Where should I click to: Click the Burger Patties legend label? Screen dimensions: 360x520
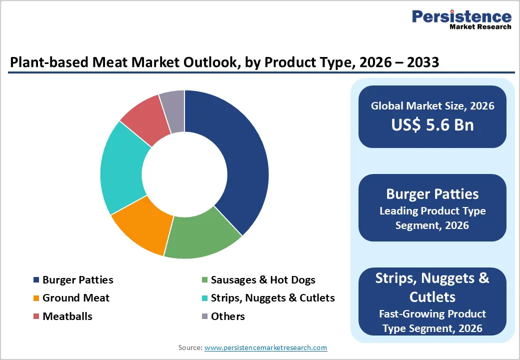[x=77, y=280]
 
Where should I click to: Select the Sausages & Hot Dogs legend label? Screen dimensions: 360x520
[x=263, y=280]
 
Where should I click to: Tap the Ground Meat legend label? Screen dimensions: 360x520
[x=75, y=298]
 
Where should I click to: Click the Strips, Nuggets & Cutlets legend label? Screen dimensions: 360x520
[x=272, y=298]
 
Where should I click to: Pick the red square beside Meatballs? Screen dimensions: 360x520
[x=35, y=316]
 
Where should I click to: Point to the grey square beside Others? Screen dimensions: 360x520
[x=204, y=316]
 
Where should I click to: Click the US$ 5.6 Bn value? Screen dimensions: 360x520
[x=432, y=125]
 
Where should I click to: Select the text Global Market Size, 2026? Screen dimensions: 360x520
[x=432, y=105]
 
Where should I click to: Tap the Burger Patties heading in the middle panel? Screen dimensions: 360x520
[x=432, y=193]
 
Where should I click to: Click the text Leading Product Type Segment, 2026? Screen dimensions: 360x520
[x=432, y=218]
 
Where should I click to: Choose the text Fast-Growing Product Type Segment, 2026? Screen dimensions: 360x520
[x=432, y=321]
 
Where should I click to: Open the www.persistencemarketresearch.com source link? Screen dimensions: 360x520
[x=265, y=347]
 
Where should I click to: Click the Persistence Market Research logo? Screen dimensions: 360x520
[x=461, y=20]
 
